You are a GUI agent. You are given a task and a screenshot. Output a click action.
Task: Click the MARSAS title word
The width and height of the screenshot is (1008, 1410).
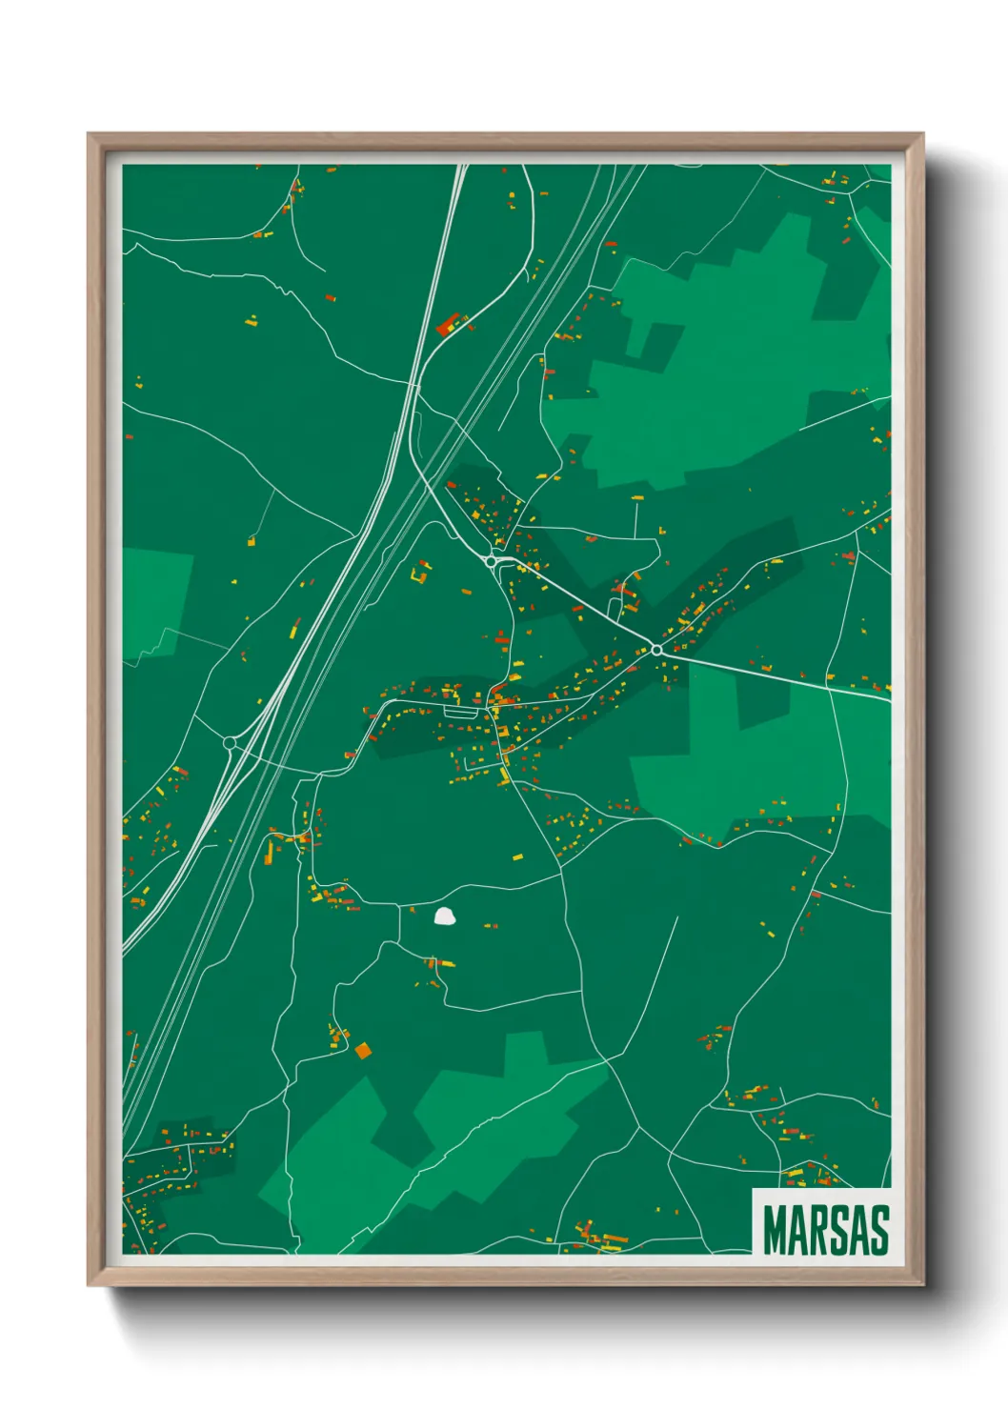[825, 1230]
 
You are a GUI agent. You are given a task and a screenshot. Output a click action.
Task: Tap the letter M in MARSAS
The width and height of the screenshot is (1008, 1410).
[776, 1230]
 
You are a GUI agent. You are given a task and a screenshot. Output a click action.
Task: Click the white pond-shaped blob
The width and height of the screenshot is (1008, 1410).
[444, 917]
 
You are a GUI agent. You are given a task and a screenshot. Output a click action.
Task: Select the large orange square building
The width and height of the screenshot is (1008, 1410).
[362, 1051]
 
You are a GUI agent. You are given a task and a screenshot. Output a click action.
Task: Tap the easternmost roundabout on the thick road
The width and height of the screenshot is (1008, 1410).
[656, 650]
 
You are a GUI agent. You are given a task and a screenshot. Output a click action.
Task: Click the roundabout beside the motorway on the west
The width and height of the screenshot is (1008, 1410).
[230, 743]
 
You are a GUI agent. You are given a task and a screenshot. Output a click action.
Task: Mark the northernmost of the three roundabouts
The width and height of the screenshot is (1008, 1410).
[491, 561]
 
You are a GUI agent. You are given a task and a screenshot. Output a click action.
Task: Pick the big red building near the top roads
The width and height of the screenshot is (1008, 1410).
[447, 325]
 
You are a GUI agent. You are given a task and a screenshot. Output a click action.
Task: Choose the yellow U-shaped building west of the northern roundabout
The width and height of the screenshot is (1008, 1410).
[420, 574]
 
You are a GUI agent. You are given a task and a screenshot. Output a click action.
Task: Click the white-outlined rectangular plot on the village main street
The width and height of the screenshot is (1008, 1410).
[458, 711]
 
